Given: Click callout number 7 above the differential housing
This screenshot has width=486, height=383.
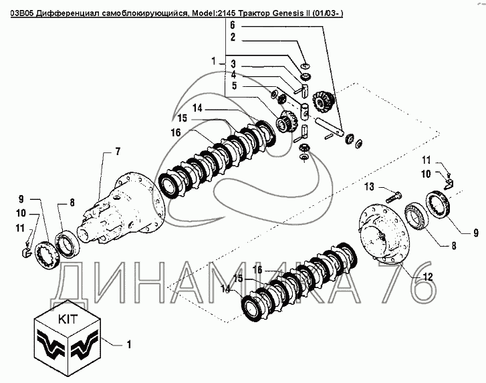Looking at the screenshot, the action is click(118, 152).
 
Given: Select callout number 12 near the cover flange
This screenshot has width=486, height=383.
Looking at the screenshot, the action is click(427, 277).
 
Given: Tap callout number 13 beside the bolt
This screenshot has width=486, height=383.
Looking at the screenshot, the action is click(369, 187).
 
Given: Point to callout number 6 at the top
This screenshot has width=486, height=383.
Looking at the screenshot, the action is click(233, 25).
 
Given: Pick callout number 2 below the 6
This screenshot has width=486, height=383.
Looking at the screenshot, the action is click(233, 37).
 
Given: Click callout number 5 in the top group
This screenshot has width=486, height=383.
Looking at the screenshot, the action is click(235, 86).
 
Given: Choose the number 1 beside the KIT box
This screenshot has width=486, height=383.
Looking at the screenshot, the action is click(129, 345).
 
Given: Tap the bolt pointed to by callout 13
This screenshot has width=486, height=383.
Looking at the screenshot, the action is click(394, 197).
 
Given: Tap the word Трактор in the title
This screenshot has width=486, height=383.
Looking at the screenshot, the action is click(255, 13).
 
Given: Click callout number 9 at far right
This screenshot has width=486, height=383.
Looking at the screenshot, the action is click(476, 233).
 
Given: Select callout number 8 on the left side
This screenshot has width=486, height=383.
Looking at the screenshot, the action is click(72, 203).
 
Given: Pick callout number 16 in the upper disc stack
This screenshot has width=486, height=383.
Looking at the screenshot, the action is click(175, 132).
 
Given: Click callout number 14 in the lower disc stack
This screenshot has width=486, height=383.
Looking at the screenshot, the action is click(226, 289).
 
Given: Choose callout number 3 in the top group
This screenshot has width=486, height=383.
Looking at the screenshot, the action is click(233, 64).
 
